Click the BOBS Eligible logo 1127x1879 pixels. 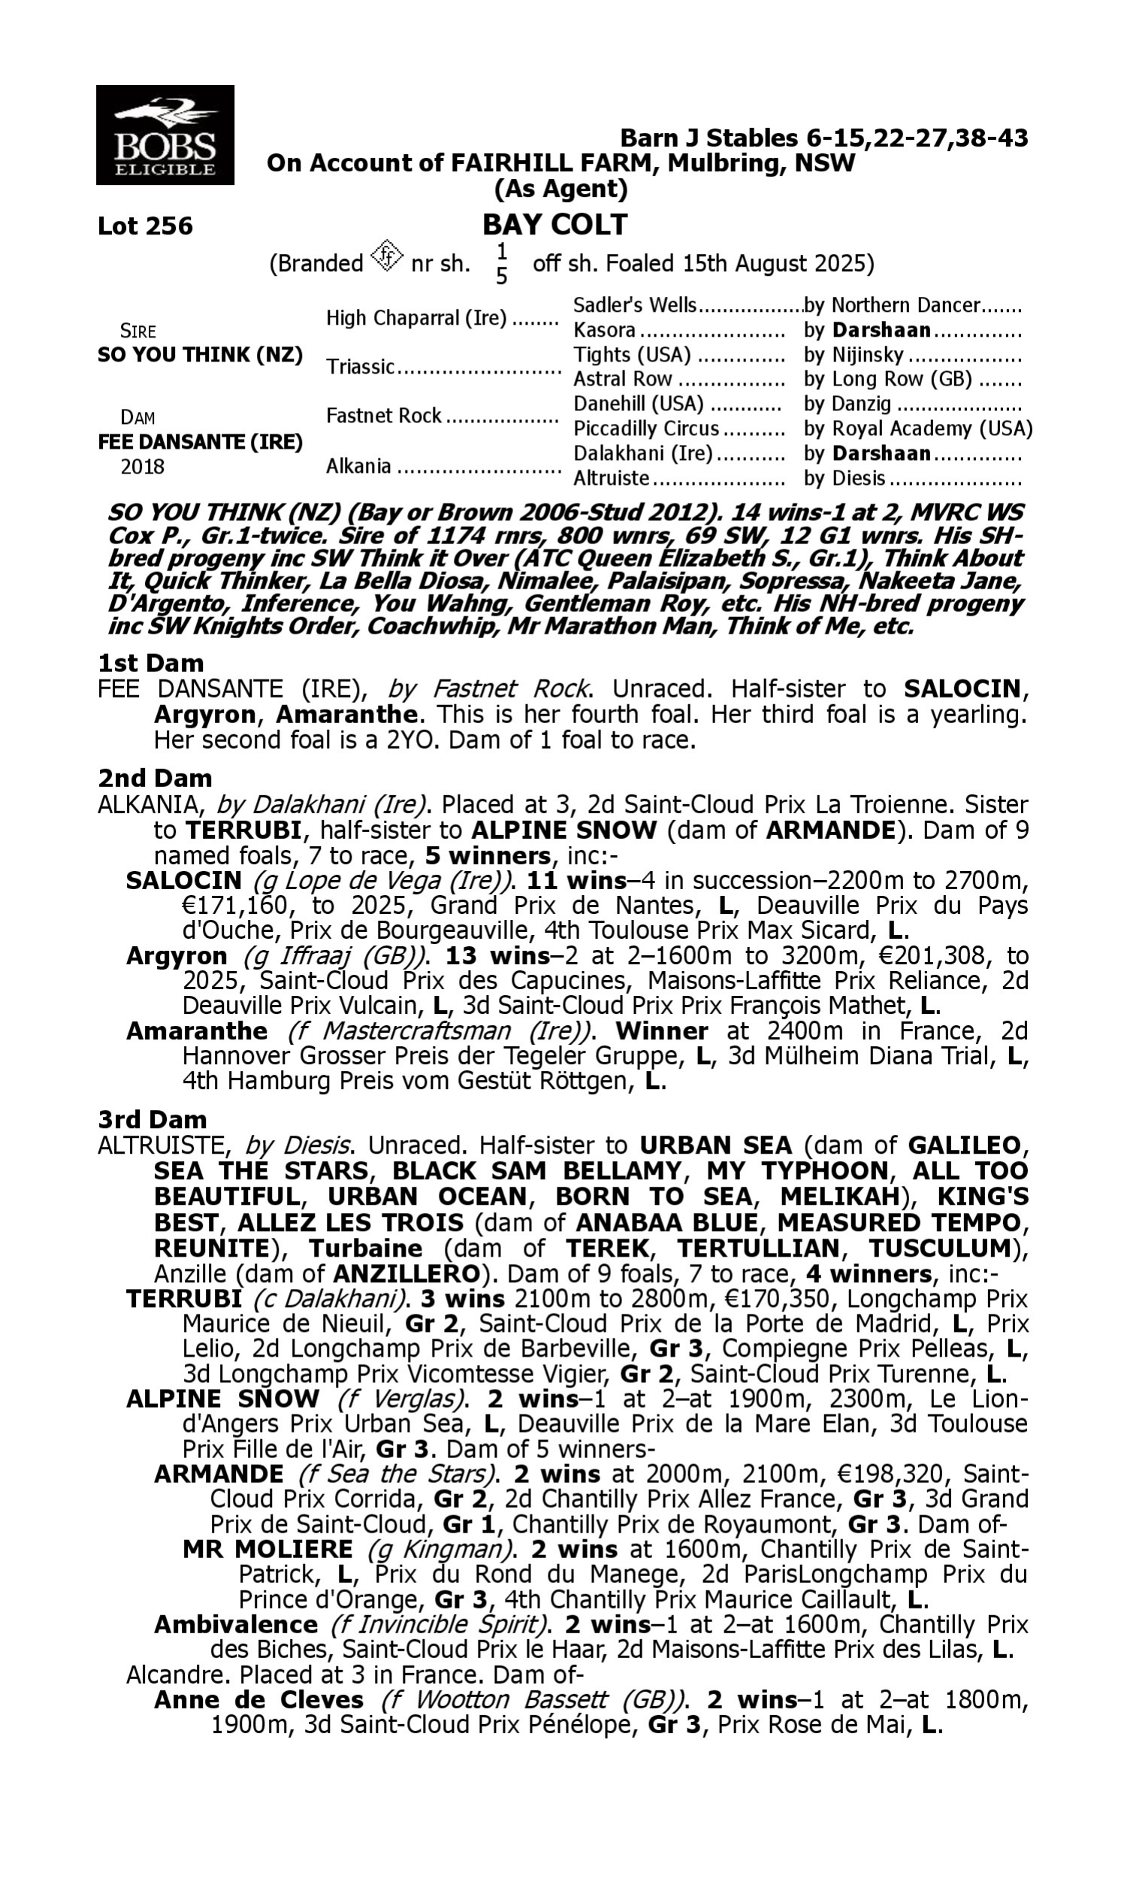pos(165,135)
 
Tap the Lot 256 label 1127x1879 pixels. pos(145,225)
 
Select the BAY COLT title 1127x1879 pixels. pos(555,225)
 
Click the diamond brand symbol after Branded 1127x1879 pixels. pos(387,256)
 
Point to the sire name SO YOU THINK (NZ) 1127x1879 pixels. pos(200,355)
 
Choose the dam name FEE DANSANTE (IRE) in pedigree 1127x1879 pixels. pos(200,442)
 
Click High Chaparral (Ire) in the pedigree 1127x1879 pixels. pos(416,318)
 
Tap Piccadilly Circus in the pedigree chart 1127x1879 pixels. pos(645,429)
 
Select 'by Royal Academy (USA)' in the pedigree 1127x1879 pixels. pos(917,429)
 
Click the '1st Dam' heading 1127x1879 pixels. pos(150,663)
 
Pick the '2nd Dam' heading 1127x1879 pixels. pos(154,779)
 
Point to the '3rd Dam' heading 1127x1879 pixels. pos(153,1119)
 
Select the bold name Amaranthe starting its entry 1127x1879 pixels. pos(197,1031)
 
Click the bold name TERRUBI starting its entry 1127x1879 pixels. pos(184,1299)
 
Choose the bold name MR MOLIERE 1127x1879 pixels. pos(267,1549)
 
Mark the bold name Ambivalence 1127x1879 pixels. pos(235,1624)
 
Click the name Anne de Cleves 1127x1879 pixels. pos(258,1700)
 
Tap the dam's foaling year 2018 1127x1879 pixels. pos(143,466)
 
